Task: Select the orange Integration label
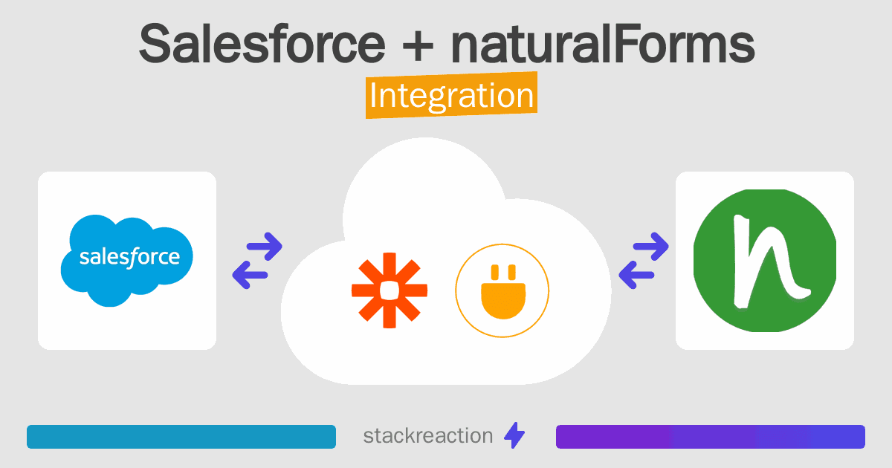tap(451, 96)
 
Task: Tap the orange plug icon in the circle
tap(502, 290)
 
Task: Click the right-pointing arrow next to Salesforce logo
tap(264, 246)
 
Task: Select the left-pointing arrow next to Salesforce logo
tap(250, 275)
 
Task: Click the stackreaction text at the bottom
tap(428, 436)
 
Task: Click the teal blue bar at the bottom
tap(181, 437)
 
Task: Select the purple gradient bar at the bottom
tap(710, 437)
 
